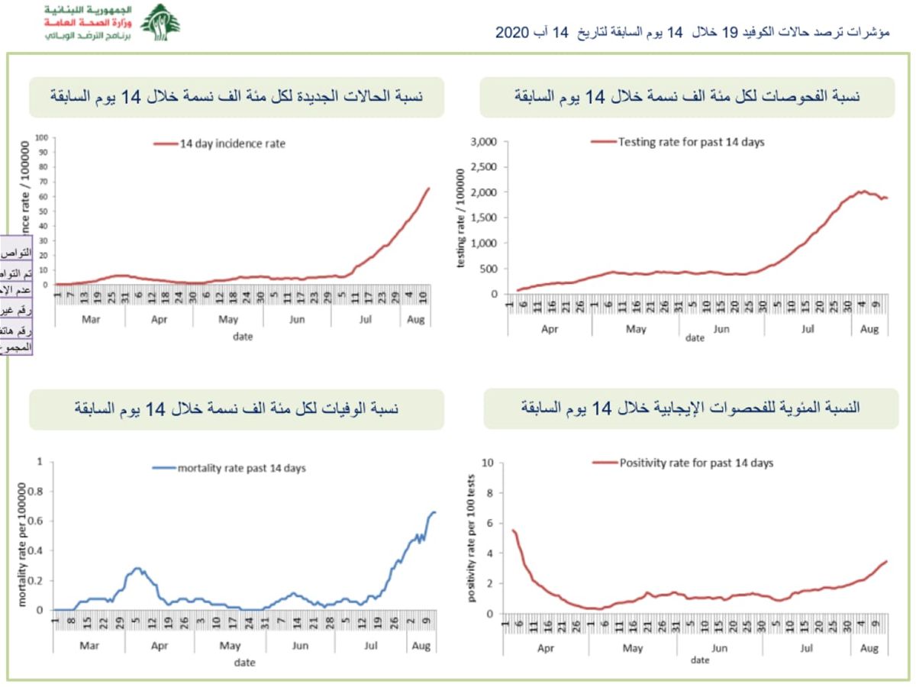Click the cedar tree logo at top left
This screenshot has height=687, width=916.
[x=160, y=22]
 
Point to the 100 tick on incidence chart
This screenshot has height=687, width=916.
[x=43, y=137]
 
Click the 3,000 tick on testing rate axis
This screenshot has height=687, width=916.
[x=485, y=142]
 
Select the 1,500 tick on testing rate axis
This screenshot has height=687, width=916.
[x=485, y=218]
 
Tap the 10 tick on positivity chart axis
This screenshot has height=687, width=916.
[x=489, y=463]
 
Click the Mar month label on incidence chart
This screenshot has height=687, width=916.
[x=90, y=319]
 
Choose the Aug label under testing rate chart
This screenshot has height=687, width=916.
[x=869, y=329]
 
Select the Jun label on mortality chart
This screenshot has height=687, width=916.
[x=299, y=646]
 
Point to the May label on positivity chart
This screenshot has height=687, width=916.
[x=633, y=648]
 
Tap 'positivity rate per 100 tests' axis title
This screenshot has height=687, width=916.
[x=471, y=539]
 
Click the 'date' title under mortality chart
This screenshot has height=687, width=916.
[x=244, y=663]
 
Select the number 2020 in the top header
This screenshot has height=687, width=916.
[x=512, y=33]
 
